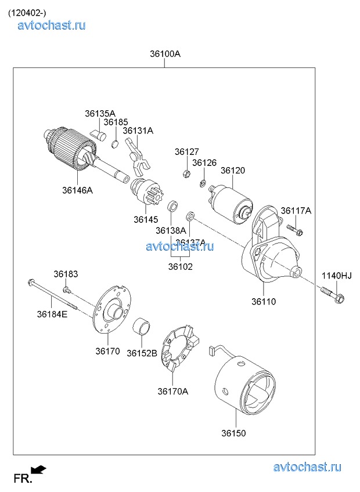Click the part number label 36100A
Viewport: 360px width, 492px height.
pos(165,54)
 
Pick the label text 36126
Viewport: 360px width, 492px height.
pos(204,163)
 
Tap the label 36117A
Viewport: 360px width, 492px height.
pos(296,211)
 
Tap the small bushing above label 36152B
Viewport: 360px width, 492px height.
pos(143,327)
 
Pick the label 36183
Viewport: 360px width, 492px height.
pos(66,274)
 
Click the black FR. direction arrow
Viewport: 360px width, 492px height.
pos(39,469)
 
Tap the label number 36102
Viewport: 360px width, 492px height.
pos(180,267)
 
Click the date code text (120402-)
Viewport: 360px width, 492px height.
pos(27,13)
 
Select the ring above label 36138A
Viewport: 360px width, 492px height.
pos(172,207)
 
